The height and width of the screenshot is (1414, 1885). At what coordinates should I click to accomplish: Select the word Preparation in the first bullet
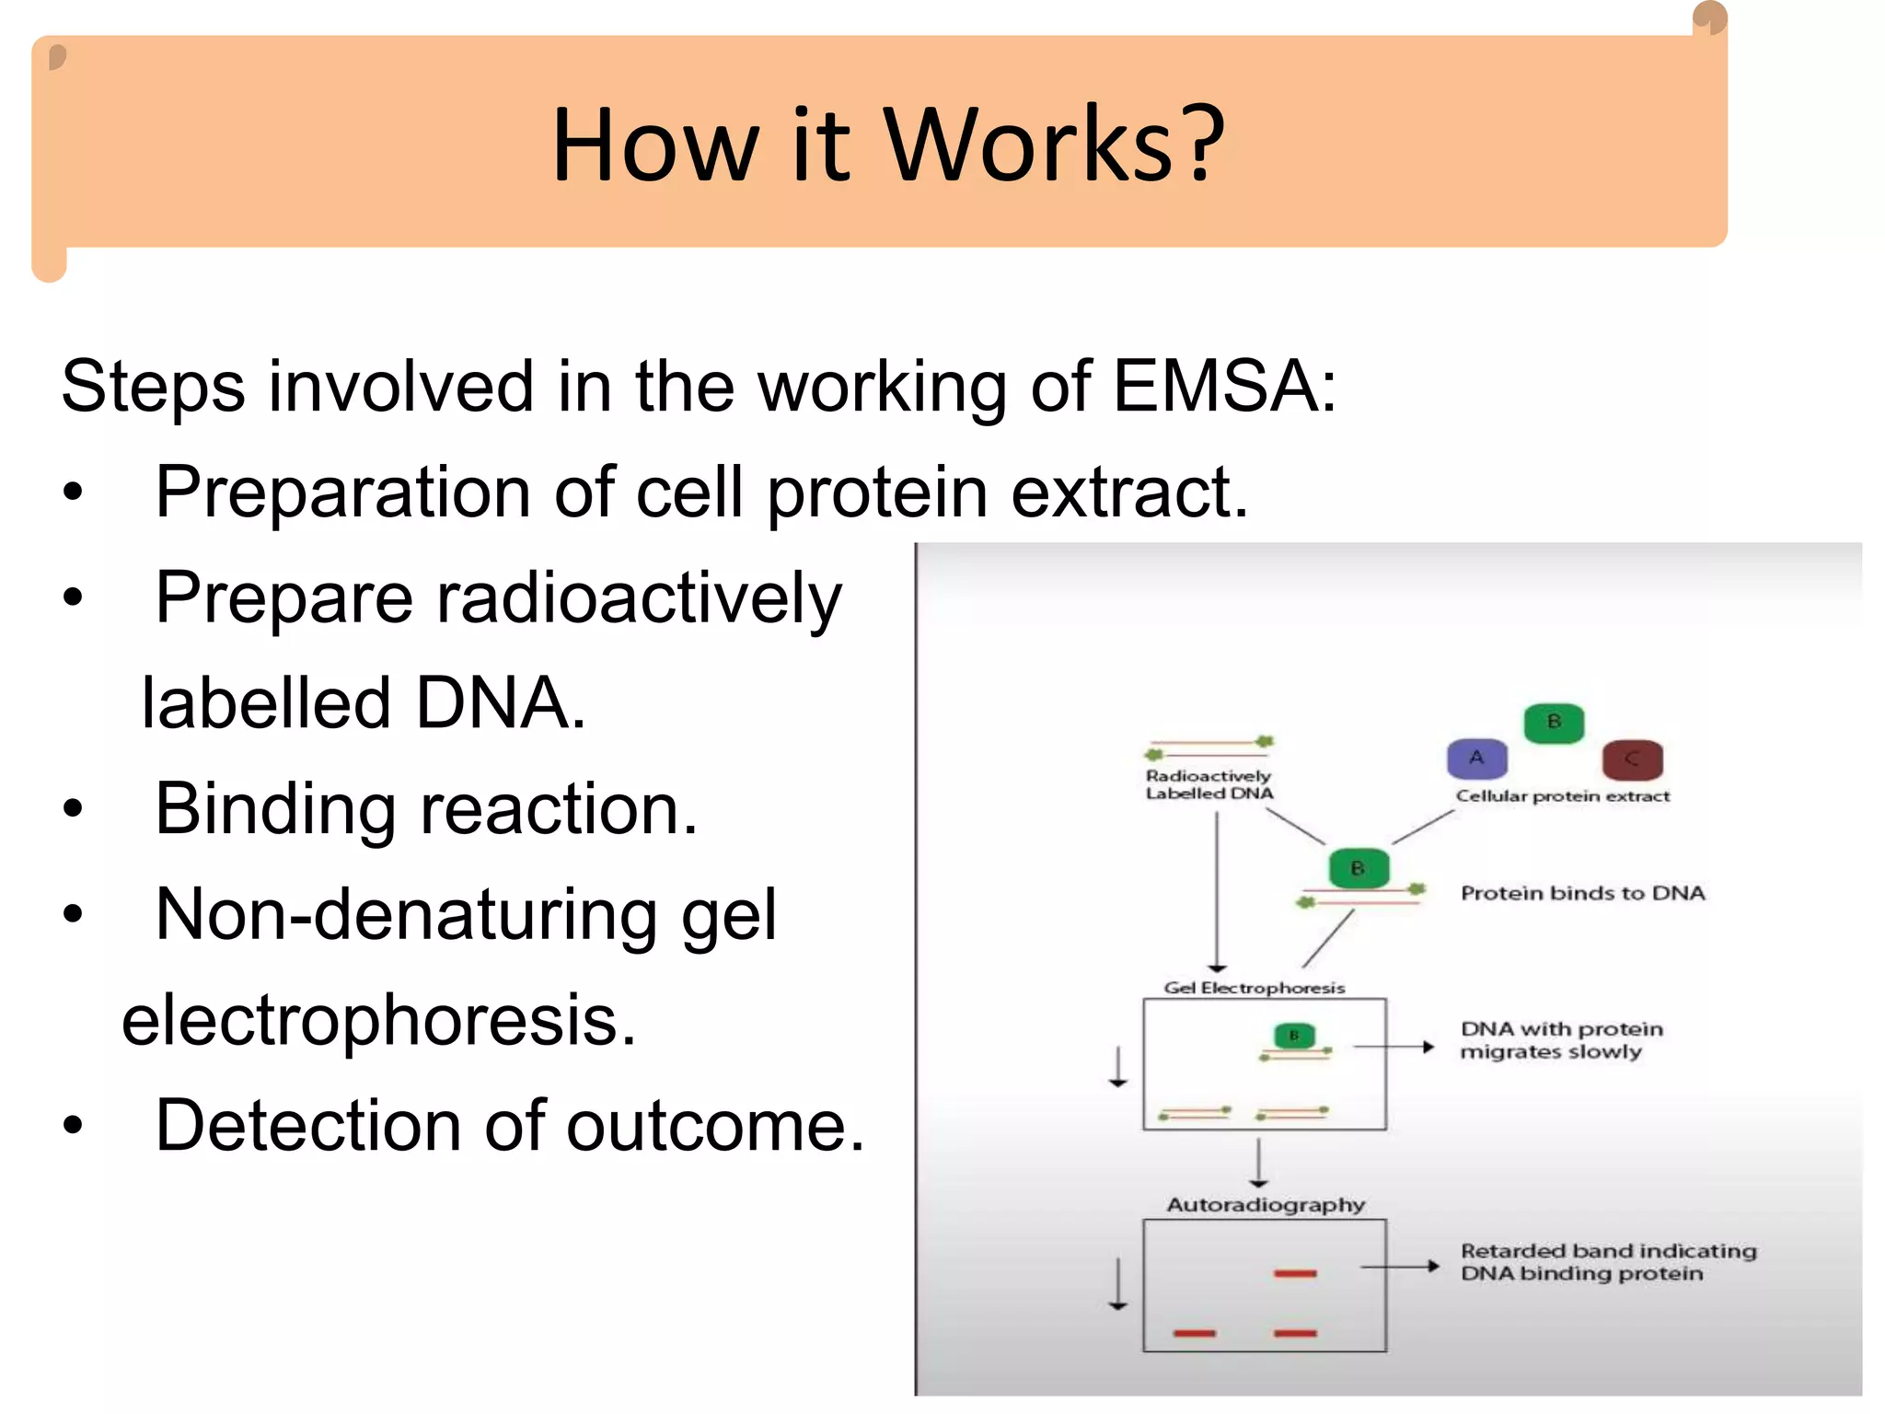(x=342, y=493)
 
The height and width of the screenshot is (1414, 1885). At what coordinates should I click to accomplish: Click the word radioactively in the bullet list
(x=638, y=598)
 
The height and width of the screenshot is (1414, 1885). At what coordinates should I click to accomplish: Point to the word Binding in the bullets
(x=275, y=809)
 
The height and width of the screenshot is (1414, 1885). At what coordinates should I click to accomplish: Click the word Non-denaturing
(x=406, y=915)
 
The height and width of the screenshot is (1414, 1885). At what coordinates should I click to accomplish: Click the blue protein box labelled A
(x=1476, y=759)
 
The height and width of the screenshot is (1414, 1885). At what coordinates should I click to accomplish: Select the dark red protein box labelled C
(x=1632, y=760)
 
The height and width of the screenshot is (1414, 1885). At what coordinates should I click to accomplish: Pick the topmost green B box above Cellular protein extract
(x=1554, y=722)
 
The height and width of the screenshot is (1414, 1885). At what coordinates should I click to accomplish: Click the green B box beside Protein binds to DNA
(x=1358, y=868)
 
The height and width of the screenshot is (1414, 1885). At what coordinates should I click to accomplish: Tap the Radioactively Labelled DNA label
(x=1208, y=785)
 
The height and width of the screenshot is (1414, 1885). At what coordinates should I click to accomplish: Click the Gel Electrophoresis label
(x=1254, y=988)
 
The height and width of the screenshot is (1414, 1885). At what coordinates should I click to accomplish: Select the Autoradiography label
(x=1266, y=1205)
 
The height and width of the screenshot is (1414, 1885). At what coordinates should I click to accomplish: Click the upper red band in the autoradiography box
(x=1295, y=1273)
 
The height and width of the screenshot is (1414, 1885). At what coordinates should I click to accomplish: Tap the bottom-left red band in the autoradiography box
(x=1195, y=1332)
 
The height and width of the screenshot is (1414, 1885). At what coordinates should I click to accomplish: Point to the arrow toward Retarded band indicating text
(x=1399, y=1267)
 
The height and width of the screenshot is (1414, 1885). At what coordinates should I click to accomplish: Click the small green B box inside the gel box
(x=1294, y=1036)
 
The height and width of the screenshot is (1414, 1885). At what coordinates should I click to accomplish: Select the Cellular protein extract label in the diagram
(x=1562, y=796)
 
